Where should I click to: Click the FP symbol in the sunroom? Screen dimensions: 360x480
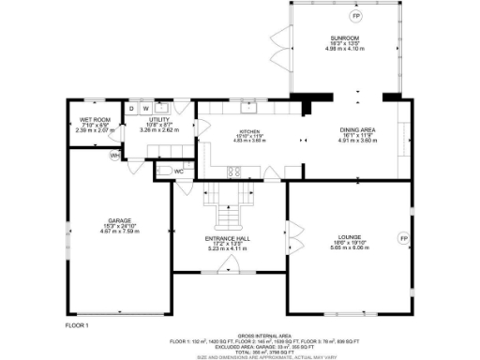(355, 16)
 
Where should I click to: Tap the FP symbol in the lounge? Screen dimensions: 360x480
(404, 239)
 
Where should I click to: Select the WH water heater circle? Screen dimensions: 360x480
(114, 155)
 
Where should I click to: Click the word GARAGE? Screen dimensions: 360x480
(118, 220)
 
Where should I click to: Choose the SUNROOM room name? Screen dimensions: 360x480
(340, 37)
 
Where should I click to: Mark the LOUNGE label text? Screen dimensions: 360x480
(350, 236)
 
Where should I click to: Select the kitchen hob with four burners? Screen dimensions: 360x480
(233, 171)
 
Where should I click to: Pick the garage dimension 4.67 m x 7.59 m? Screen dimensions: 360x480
(118, 232)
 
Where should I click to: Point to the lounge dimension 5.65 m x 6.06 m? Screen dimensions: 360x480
(350, 247)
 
